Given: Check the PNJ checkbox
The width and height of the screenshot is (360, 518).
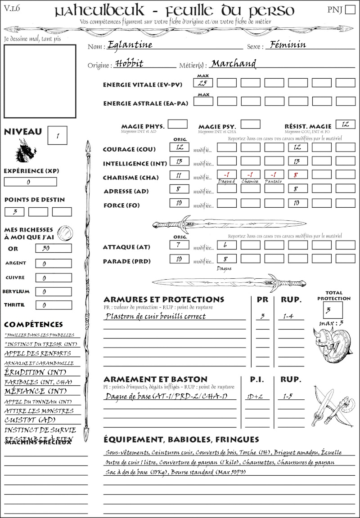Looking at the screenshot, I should click(349, 10).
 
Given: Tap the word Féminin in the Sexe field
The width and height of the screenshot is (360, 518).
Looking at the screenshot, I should click(286, 45).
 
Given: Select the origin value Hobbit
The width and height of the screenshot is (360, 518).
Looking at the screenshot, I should click(129, 64).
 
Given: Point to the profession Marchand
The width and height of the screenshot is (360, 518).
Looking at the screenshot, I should click(234, 64).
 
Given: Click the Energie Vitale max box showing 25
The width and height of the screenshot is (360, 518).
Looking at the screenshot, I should click(203, 83).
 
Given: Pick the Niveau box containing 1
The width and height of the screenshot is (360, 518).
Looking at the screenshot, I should click(58, 135).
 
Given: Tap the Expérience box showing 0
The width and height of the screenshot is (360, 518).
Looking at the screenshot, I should click(30, 182).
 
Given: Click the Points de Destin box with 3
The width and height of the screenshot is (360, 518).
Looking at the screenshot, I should click(15, 212).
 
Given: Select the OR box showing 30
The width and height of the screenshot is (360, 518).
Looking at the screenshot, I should click(53, 248).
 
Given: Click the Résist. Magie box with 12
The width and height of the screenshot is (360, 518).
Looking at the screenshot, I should click(345, 124).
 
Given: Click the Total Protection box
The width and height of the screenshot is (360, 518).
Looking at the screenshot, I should click(333, 310).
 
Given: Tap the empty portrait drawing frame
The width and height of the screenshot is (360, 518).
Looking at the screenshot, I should click(40, 81).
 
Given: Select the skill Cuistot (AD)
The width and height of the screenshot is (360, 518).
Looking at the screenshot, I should click(30, 420).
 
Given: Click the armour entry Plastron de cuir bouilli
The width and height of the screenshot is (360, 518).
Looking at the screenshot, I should click(155, 316).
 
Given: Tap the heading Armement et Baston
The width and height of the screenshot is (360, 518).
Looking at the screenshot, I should click(155, 379).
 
